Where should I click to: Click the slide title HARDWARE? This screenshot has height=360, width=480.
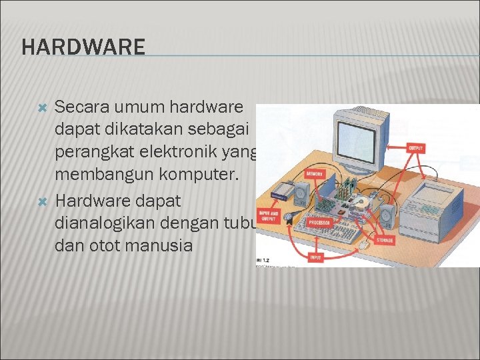click(83, 47)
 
